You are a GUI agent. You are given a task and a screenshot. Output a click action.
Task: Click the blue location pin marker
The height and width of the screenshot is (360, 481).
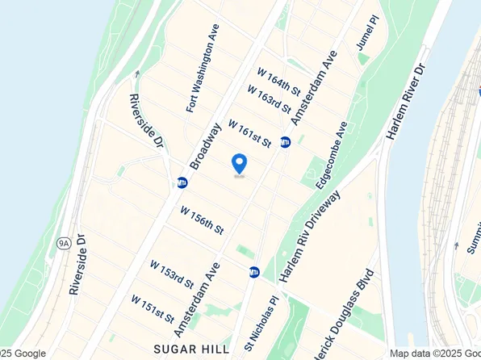click(x=239, y=164)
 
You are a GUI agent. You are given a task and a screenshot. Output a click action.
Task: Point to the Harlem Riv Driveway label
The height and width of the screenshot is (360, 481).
click(x=312, y=236)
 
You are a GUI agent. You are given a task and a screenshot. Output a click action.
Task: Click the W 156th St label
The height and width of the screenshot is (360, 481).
click(x=201, y=220)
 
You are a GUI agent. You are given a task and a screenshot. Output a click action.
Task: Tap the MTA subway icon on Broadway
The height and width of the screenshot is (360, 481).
click(x=182, y=182)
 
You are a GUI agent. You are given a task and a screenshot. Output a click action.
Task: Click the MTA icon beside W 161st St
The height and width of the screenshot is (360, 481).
click(x=285, y=142)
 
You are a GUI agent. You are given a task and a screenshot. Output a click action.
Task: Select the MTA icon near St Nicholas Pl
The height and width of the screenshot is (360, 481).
click(x=254, y=272)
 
